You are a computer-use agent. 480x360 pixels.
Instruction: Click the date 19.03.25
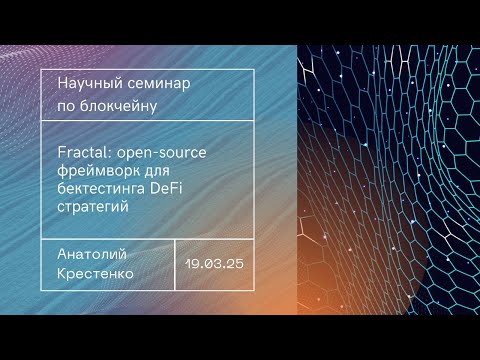[215, 264]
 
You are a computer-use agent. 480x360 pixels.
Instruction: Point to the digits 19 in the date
[193, 264]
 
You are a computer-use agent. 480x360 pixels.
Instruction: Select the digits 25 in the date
[236, 264]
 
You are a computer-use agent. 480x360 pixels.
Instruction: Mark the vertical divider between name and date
[175, 264]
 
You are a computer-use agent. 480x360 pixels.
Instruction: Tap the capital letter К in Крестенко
[63, 271]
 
